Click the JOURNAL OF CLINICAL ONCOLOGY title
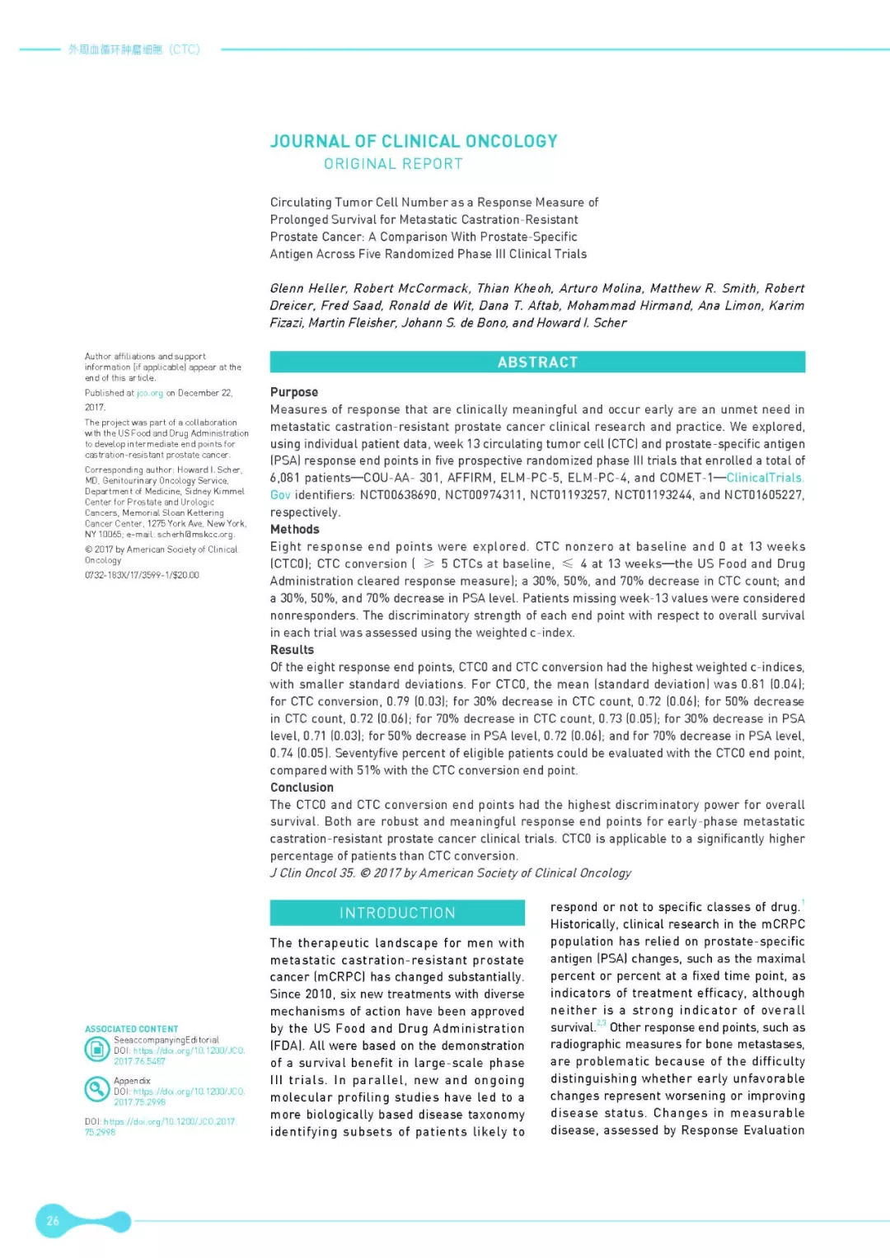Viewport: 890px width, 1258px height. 414,142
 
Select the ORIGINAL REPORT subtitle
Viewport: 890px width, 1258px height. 393,164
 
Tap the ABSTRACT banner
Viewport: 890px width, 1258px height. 537,362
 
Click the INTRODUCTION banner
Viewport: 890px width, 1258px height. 397,913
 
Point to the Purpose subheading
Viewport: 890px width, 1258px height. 294,392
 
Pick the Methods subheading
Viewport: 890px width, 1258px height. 295,530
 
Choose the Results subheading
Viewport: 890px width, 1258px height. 292,650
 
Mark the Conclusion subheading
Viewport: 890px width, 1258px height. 302,788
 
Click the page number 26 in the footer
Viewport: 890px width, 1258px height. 53,1221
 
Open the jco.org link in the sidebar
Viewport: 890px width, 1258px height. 150,394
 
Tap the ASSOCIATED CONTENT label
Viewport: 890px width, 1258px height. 131,1029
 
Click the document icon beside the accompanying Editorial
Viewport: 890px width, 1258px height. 97,1050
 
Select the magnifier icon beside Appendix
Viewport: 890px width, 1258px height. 97,1090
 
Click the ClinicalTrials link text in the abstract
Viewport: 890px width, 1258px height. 763,478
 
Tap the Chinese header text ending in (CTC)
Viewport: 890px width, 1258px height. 133,49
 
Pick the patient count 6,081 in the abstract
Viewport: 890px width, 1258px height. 285,478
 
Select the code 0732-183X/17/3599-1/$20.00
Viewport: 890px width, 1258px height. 142,575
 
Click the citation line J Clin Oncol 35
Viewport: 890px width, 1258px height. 312,873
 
